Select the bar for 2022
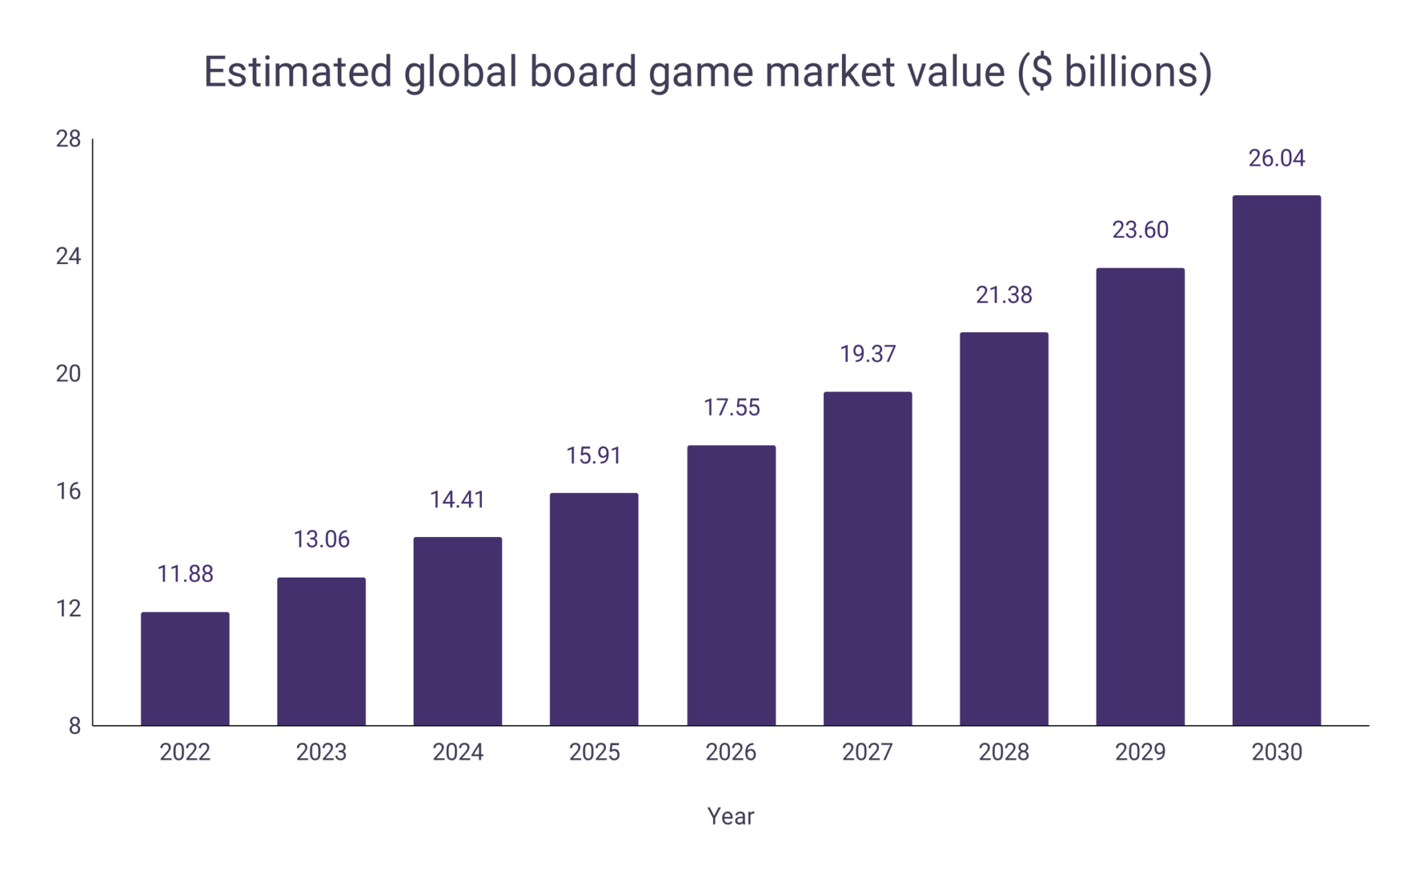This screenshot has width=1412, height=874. [x=185, y=669]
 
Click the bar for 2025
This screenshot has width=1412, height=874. [x=594, y=609]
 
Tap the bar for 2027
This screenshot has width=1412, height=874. [x=867, y=558]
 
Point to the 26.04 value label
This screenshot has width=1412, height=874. [x=1276, y=159]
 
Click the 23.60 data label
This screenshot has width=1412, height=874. [x=1140, y=230]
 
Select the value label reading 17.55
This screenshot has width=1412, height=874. [x=731, y=407]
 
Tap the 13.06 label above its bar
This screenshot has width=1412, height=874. [x=321, y=539]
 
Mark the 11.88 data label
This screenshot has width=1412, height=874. [x=185, y=573]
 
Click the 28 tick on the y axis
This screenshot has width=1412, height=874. [x=68, y=139]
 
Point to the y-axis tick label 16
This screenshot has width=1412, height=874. [x=68, y=491]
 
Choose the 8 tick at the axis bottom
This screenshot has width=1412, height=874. [x=74, y=726]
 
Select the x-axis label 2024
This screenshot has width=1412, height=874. [x=458, y=752]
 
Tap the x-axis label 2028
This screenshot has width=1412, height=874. [x=1004, y=752]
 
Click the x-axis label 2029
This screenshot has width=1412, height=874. [x=1140, y=752]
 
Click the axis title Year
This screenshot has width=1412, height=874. [x=730, y=816]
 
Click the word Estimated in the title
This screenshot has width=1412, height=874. [x=298, y=72]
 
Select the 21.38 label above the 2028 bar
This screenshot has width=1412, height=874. [x=1004, y=295]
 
